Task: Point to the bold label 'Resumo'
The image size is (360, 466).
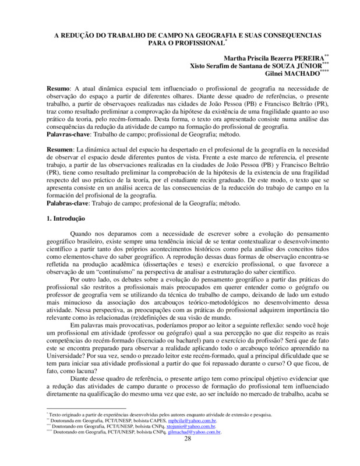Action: [x=58, y=87]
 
